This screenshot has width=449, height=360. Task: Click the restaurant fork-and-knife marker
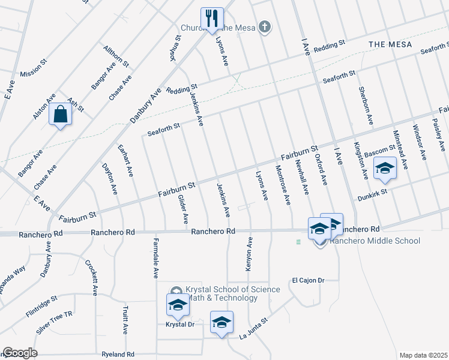point(211,19)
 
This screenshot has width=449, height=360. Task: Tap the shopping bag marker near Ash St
point(61,114)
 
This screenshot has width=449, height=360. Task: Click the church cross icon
point(264,26)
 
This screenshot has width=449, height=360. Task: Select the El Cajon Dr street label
point(308,280)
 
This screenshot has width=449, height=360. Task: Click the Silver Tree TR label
point(55,323)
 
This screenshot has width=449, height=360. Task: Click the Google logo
point(20,353)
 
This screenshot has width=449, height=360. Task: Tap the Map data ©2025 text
point(423,355)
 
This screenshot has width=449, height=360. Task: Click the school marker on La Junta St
point(221,322)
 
